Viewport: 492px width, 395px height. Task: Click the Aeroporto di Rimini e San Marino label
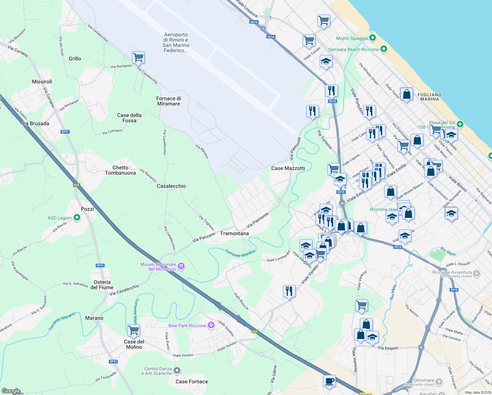pos(176,42)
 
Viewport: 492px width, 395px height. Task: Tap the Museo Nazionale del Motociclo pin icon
pos(181,266)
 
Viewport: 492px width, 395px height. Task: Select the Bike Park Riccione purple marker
pos(211,325)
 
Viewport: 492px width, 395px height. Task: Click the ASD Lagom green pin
pos(77,218)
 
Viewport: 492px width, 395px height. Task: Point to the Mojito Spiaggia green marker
pos(372,38)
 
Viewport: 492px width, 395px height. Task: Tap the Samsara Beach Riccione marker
pos(383,49)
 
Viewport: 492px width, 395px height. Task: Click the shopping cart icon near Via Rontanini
pos(138,57)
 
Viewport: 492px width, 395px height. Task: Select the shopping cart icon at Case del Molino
pos(134,330)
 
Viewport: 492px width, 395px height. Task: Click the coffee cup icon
pos(329,381)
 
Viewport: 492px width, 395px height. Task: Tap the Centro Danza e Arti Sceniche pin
pos(177,371)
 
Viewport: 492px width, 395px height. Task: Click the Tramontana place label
pos(234,233)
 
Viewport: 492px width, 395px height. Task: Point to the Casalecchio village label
pos(171,186)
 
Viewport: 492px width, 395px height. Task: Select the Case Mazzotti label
pos(288,168)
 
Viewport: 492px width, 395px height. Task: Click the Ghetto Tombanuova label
pos(120,170)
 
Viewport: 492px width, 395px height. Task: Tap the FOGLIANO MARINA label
pos(430,97)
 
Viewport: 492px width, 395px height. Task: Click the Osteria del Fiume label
pos(102,285)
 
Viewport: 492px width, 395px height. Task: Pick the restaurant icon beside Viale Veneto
pos(289,291)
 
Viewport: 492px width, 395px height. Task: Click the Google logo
pos(11,391)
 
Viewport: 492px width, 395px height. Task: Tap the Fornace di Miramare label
pos(168,101)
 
